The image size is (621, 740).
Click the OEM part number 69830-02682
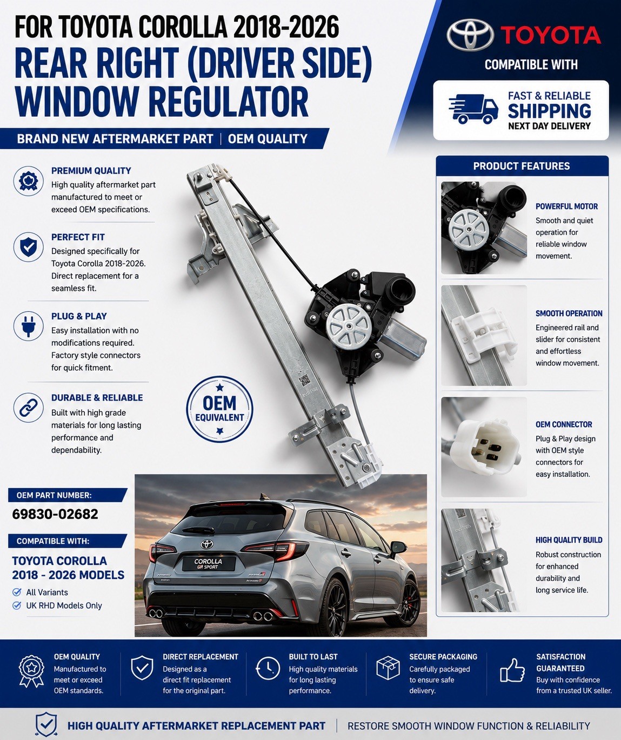click(55, 514)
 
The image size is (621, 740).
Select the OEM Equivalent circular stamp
click(220, 409)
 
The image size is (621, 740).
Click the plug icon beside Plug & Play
click(28, 326)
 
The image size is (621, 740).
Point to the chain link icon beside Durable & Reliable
click(28, 408)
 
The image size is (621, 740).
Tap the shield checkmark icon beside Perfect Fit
click(28, 246)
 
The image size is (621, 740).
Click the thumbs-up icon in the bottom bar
click(512, 671)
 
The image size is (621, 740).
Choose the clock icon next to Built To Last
click(268, 668)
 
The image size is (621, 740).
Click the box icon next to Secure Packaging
click(388, 668)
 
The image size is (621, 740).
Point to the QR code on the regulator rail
click(304, 381)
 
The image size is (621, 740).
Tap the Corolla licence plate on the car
click(209, 563)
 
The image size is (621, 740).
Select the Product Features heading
click(522, 166)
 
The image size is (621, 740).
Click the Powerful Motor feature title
click(566, 206)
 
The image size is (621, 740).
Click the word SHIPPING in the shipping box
click(550, 111)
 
